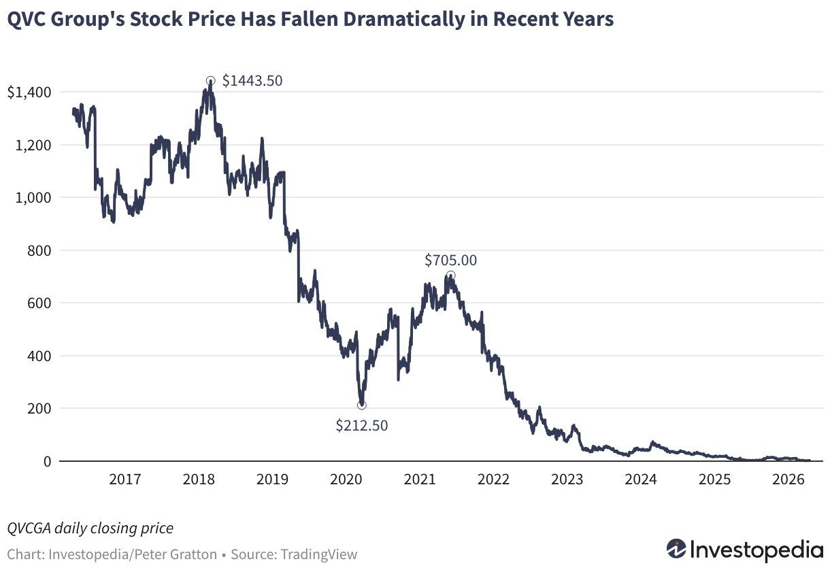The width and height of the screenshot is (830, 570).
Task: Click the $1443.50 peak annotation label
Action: tap(252, 80)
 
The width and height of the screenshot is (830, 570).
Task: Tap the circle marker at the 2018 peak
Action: tap(210, 81)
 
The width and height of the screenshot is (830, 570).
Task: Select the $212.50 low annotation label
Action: tap(362, 425)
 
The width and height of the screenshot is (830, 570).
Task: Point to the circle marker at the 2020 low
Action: tap(362, 405)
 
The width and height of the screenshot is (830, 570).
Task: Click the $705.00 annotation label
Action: tap(450, 260)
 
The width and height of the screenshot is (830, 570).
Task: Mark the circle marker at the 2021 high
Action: tap(450, 275)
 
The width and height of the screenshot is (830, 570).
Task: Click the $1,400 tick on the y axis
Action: tap(29, 93)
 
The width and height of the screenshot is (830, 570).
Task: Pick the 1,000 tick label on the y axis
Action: tap(33, 198)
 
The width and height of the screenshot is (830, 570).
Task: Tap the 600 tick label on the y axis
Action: tap(39, 303)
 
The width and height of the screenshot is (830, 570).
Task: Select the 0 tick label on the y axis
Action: tap(47, 461)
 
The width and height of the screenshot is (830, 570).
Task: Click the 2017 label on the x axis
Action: tap(125, 480)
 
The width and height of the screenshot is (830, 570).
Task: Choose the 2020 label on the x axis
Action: tap(346, 480)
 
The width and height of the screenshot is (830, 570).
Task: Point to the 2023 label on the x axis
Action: tap(567, 480)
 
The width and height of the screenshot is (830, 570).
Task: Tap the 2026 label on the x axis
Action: tap(788, 480)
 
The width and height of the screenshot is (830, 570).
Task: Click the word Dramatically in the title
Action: tap(404, 19)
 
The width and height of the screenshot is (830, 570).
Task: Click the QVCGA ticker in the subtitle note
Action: tap(29, 528)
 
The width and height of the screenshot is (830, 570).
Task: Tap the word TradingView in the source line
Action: tap(318, 554)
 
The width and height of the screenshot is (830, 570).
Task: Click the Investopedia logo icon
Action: tap(676, 548)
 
